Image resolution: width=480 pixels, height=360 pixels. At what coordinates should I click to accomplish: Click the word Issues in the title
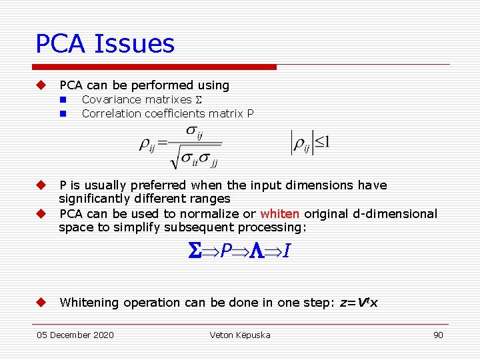click(x=135, y=44)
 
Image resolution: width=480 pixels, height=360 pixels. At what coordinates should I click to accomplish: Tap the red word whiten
click(x=280, y=214)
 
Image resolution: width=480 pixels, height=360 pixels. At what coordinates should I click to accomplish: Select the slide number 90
click(x=438, y=335)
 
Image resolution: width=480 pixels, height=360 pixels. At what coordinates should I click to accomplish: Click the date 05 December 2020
click(x=75, y=335)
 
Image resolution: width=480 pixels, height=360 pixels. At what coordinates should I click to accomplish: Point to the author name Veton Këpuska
click(x=240, y=335)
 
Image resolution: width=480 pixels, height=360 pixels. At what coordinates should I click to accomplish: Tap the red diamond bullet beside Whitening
click(x=40, y=303)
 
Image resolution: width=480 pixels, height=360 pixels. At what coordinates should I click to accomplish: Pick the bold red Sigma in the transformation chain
click(x=194, y=252)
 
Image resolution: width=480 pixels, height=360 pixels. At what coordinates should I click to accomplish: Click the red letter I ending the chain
click(x=285, y=252)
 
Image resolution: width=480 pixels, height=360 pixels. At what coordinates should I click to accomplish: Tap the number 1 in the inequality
click(x=327, y=143)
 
